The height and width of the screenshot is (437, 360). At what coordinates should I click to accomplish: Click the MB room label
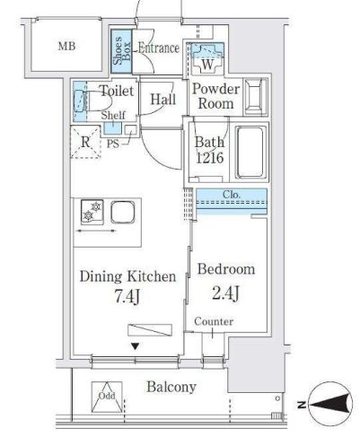pyautogui.click(x=66, y=47)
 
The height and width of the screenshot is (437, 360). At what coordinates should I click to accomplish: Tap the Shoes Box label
pyautogui.click(x=121, y=50)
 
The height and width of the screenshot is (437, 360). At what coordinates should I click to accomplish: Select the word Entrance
pyautogui.click(x=159, y=48)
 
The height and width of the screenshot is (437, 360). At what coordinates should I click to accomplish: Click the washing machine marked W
pyautogui.click(x=207, y=58)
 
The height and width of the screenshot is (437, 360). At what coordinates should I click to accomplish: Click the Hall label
pyautogui.click(x=162, y=100)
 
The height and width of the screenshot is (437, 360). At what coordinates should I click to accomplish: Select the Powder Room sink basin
pyautogui.click(x=255, y=97)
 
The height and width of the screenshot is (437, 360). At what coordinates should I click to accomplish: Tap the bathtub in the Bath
pyautogui.click(x=250, y=153)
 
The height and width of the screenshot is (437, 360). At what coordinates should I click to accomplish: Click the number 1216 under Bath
pyautogui.click(x=210, y=158)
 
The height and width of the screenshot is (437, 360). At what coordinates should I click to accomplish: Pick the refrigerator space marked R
pyautogui.click(x=85, y=142)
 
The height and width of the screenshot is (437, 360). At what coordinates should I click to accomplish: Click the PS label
pyautogui.click(x=113, y=144)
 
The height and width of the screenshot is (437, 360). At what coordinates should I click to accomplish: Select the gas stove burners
pyautogui.click(x=92, y=212)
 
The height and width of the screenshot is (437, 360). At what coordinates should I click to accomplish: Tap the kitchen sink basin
pyautogui.click(x=123, y=212)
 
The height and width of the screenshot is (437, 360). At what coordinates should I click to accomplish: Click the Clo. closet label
pyautogui.click(x=232, y=195)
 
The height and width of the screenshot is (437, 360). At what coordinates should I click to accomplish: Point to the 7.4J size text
pyautogui.click(x=127, y=297)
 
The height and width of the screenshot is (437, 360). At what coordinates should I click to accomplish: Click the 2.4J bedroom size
pyautogui.click(x=225, y=293)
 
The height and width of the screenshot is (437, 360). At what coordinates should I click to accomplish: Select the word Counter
pyautogui.click(x=214, y=321)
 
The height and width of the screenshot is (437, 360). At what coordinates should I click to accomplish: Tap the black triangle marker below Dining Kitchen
pyautogui.click(x=136, y=346)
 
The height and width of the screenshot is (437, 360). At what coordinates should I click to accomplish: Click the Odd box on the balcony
pyautogui.click(x=107, y=397)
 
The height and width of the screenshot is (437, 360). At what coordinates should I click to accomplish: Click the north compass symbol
pyautogui.click(x=329, y=405)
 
